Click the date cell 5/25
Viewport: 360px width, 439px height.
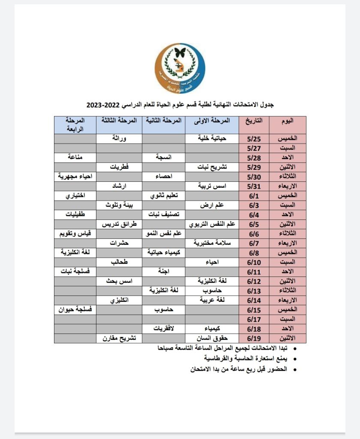(254, 138)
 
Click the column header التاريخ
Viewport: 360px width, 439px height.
(254, 120)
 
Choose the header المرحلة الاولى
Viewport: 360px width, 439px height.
(212, 120)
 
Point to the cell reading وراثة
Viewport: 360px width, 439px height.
(119, 138)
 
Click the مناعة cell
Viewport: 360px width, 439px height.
(75, 157)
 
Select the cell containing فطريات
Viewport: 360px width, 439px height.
(119, 167)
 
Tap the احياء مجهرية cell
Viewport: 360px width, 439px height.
(75, 176)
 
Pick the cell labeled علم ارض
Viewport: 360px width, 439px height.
(212, 205)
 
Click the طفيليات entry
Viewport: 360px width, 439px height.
(75, 214)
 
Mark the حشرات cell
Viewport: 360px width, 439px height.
(119, 243)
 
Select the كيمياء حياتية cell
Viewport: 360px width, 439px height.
(163, 253)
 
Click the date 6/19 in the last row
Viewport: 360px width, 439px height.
(254, 338)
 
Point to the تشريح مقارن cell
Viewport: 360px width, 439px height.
(119, 338)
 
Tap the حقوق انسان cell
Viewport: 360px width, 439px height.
(212, 338)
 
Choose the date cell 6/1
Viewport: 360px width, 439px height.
(254, 195)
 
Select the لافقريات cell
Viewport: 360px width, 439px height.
(163, 328)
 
